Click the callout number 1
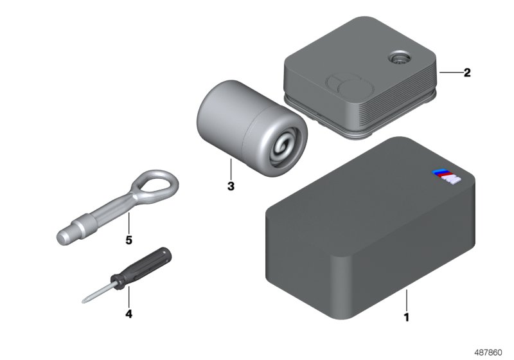coord(405,317)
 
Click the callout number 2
coord(467,73)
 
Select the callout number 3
coord(231,187)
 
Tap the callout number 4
coord(128,314)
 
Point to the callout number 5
coord(128,240)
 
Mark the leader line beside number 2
coord(448,73)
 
